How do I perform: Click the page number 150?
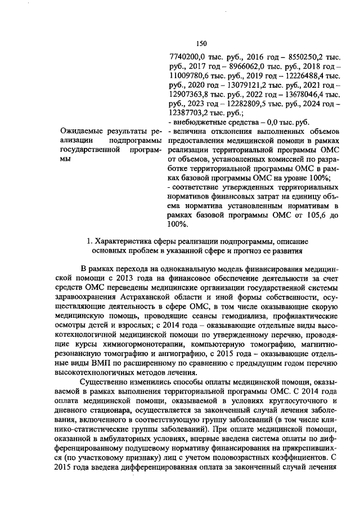click(x=202, y=43)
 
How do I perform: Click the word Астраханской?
click(x=145, y=298)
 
